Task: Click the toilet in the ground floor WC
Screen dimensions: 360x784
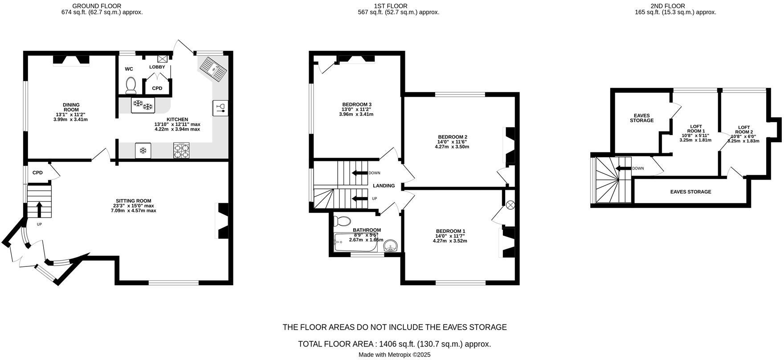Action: pyautogui.click(x=131, y=85)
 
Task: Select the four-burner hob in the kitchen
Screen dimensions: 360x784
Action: pyautogui.click(x=181, y=150)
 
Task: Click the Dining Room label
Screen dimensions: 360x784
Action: pyautogui.click(x=71, y=107)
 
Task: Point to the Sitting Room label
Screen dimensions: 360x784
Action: pyautogui.click(x=133, y=201)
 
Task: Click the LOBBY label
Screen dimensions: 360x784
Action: pyautogui.click(x=157, y=67)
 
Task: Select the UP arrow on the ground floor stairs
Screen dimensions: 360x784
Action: pyautogui.click(x=39, y=208)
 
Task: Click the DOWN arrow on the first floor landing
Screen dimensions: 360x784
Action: pyautogui.click(x=359, y=173)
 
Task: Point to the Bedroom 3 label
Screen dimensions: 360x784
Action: pyautogui.click(x=356, y=105)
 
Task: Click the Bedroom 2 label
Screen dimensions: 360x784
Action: pyautogui.click(x=452, y=137)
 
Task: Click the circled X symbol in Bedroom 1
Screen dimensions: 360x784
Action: pyautogui.click(x=510, y=205)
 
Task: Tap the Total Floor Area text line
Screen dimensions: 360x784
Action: pyautogui.click(x=394, y=344)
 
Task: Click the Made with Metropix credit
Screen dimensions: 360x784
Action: pyautogui.click(x=394, y=355)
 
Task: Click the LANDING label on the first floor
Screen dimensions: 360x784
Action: pyautogui.click(x=384, y=186)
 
